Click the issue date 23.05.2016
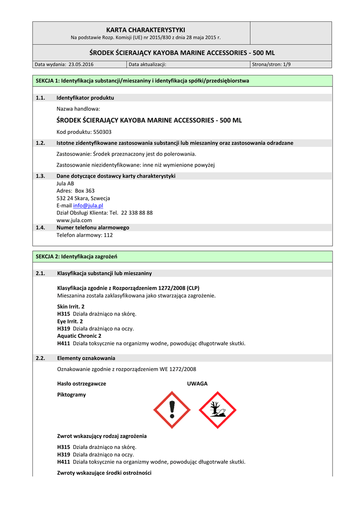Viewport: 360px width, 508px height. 81,64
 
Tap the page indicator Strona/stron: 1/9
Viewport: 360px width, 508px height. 272,64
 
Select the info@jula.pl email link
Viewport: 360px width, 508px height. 88,205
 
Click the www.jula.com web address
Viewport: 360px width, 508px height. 74,220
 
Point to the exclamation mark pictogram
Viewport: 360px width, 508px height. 172,410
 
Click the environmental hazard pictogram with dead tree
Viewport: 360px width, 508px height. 217,410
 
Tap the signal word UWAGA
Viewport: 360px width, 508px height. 197,383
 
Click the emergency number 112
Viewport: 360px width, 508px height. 108,235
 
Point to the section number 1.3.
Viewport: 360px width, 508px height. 41,176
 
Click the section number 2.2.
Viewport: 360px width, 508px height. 41,358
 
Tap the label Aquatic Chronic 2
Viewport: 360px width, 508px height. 79,336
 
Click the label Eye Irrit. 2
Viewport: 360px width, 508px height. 70,321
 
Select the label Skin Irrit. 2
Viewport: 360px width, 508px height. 71,307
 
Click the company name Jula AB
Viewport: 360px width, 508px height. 65,183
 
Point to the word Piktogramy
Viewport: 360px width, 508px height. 72,395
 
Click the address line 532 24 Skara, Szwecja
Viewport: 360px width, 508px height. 83,198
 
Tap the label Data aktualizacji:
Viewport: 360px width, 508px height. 147,64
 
